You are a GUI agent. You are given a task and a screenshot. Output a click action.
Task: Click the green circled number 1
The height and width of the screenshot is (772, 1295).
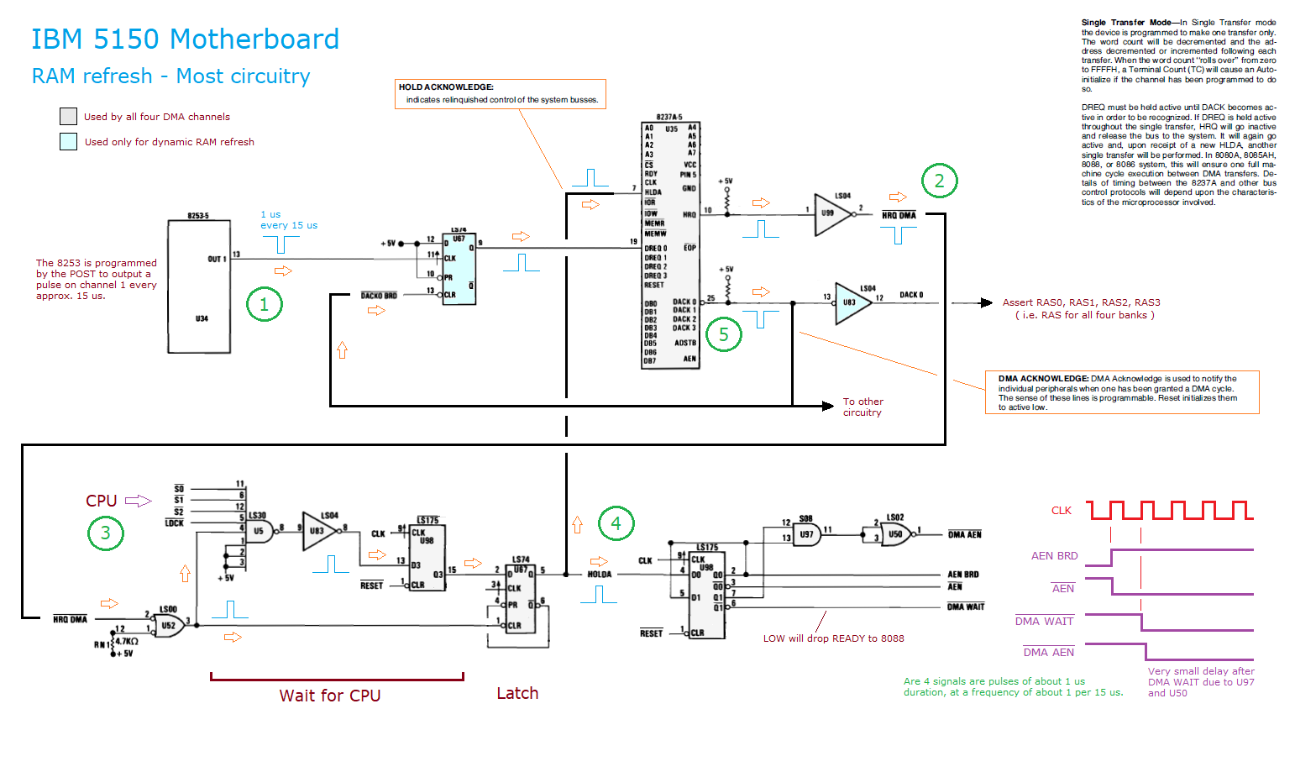click(265, 304)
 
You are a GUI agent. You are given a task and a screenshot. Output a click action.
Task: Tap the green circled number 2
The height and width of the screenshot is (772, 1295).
click(939, 181)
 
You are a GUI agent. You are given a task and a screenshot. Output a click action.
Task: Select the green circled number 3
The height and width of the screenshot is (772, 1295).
click(106, 533)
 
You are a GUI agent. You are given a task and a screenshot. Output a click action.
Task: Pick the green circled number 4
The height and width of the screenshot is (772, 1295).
click(616, 523)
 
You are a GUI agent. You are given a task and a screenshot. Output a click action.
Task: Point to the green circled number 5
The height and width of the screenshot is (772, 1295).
click(723, 334)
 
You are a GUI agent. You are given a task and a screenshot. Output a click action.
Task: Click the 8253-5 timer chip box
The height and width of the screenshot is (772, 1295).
click(199, 286)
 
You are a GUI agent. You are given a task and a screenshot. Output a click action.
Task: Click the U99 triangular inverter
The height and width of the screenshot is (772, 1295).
click(831, 213)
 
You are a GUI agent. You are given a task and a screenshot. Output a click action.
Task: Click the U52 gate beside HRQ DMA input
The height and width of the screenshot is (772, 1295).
click(170, 625)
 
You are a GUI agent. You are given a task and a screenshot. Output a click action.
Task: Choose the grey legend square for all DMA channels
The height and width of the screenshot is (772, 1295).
click(68, 117)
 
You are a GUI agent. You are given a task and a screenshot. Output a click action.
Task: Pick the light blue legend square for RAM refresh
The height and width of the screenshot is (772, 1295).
click(68, 142)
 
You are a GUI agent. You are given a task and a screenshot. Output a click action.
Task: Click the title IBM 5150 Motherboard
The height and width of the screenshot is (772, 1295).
click(185, 39)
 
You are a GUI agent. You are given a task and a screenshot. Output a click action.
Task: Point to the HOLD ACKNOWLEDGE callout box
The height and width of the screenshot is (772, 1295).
click(500, 93)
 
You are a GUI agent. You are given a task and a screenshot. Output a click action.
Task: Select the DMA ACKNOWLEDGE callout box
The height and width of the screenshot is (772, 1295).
click(1122, 392)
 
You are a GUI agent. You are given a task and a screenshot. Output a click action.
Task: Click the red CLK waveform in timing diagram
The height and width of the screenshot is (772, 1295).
click(1169, 510)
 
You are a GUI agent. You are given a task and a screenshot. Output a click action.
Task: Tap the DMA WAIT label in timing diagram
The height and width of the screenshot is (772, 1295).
click(1044, 622)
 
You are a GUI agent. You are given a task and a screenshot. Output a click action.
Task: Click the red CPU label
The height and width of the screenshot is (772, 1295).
click(101, 501)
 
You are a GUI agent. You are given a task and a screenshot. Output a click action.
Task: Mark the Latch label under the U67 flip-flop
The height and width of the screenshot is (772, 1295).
click(517, 693)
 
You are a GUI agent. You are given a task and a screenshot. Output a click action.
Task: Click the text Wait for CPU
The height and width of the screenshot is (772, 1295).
click(330, 696)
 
